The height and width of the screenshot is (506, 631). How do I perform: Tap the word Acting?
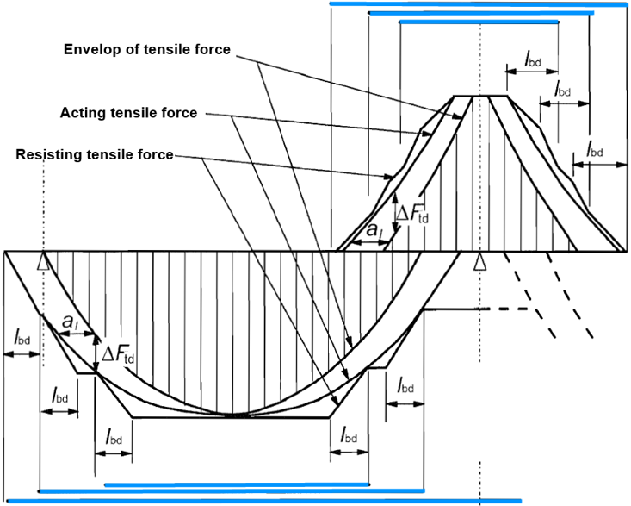click(82, 113)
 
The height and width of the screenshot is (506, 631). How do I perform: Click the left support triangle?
click(43, 262)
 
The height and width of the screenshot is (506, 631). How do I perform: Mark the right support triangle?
click(479, 262)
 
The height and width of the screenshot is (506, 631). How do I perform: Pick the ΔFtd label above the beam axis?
click(412, 214)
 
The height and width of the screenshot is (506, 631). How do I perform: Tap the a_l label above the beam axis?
click(374, 230)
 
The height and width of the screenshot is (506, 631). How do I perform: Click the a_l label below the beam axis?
click(70, 322)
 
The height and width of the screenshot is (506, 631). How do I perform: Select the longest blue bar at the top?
click(478, 4)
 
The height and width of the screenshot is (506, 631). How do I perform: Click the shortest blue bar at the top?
click(479, 22)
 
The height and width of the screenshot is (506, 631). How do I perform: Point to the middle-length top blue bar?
click(481, 13)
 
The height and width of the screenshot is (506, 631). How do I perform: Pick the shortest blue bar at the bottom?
click(237, 484)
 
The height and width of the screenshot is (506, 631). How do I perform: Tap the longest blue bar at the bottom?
click(264, 501)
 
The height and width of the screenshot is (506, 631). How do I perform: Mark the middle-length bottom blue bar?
click(232, 491)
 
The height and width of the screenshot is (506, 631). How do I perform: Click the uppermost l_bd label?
click(532, 60)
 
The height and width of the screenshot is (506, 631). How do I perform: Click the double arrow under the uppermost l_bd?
click(532, 72)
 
